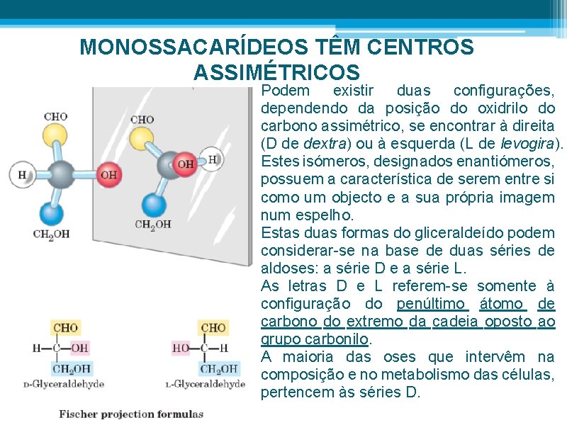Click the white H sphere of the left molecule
tap(22, 173)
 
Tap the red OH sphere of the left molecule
tap(108, 174)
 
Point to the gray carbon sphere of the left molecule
tap(62, 174)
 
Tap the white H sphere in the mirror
tap(212, 159)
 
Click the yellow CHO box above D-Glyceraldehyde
tap(65, 328)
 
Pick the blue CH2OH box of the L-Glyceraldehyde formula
tap(220, 368)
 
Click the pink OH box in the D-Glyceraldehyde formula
tap(80, 348)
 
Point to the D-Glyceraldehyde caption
tap(63, 384)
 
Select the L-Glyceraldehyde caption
tap(205, 384)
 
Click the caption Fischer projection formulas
tap(131, 414)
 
